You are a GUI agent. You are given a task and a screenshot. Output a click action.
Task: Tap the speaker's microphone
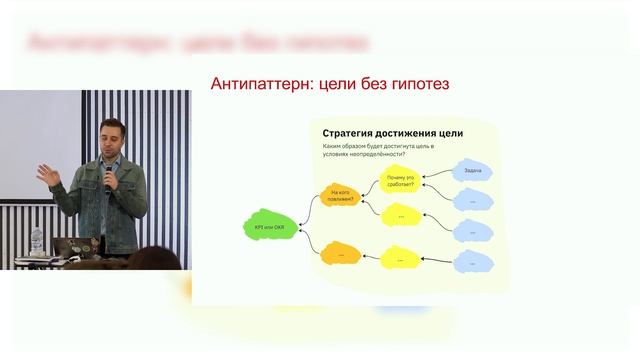coord(110,176)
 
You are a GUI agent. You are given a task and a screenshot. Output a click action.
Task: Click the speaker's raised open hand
coord(47,171)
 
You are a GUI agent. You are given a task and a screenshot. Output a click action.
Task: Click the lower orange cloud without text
coord(340,254)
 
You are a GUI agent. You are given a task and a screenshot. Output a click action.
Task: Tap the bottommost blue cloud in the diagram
coord(472,263)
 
